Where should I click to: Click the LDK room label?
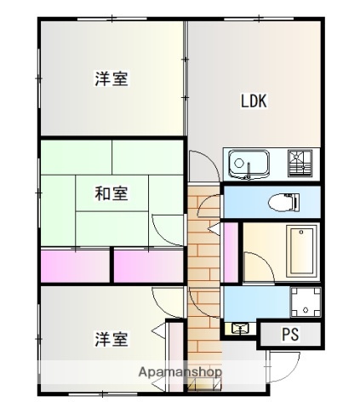[254, 101]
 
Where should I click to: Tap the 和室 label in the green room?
[111, 193]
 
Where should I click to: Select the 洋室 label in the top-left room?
[111, 79]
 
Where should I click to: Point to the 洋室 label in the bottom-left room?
[111, 338]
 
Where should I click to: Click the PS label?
[290, 335]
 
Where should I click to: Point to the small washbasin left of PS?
[238, 328]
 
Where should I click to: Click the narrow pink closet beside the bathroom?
[231, 252]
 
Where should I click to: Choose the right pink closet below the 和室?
[149, 266]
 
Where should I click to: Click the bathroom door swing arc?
[256, 267]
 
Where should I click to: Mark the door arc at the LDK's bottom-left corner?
[201, 164]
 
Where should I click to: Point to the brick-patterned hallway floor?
[203, 273]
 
